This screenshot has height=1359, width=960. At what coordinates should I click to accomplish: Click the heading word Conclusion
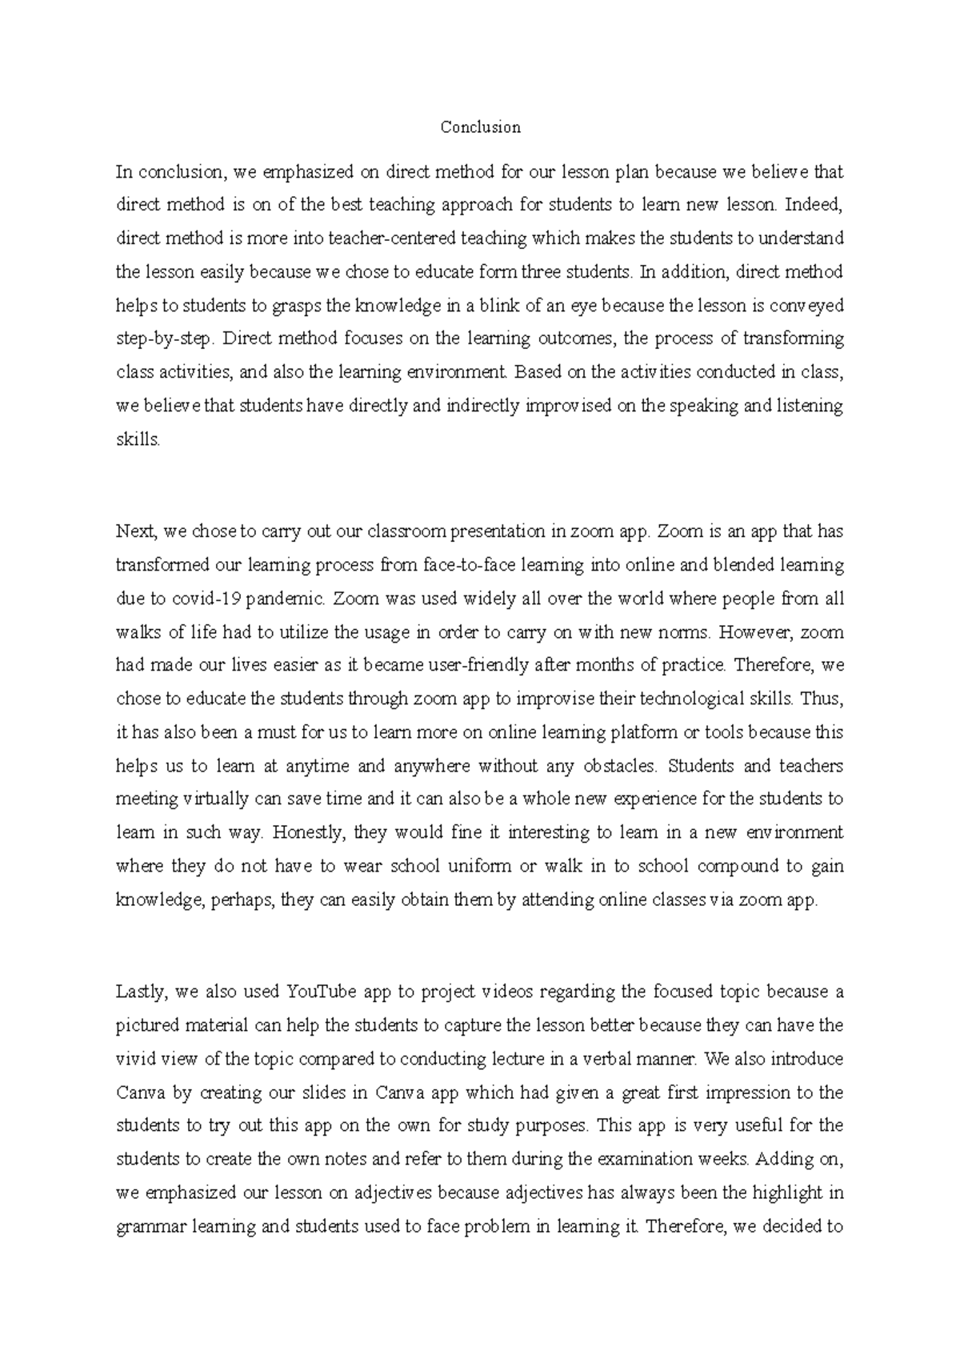(x=480, y=127)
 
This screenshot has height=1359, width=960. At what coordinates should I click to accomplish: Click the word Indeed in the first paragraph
(x=814, y=205)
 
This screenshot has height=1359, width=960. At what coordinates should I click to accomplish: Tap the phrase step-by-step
(x=164, y=339)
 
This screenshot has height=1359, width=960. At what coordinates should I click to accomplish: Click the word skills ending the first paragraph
(x=137, y=439)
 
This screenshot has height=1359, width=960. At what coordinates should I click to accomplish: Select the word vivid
(x=135, y=1060)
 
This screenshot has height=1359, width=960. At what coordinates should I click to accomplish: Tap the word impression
(x=763, y=1093)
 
